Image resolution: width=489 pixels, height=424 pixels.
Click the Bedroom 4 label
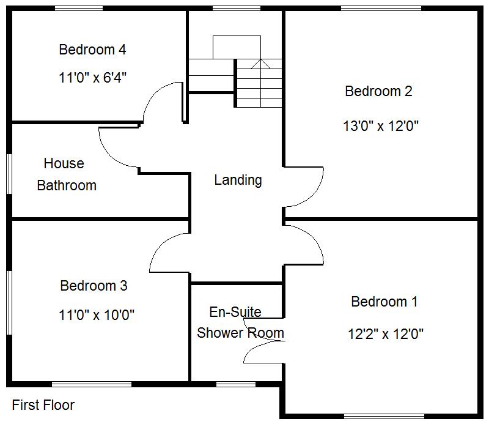point(92,50)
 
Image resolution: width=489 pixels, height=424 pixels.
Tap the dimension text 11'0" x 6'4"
point(92,78)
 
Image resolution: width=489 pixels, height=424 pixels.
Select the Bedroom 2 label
point(378,92)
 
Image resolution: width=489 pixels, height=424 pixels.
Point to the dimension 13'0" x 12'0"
point(380,127)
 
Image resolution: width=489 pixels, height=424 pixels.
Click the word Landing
point(238,180)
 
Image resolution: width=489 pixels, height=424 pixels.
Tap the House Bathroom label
point(66,174)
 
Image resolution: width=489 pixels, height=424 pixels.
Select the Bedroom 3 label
point(94,286)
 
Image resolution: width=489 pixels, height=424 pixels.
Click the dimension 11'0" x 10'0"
point(97,315)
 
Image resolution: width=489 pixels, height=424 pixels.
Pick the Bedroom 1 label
point(384,302)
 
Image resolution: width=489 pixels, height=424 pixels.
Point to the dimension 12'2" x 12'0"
point(385,334)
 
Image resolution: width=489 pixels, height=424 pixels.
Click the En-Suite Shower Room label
point(240,322)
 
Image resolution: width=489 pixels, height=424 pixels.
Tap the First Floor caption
point(43,405)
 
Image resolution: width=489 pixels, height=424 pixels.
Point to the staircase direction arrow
point(260,63)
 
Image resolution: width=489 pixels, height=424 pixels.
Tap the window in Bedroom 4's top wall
point(79,9)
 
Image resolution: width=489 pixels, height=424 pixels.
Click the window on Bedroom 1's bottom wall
point(384,416)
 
